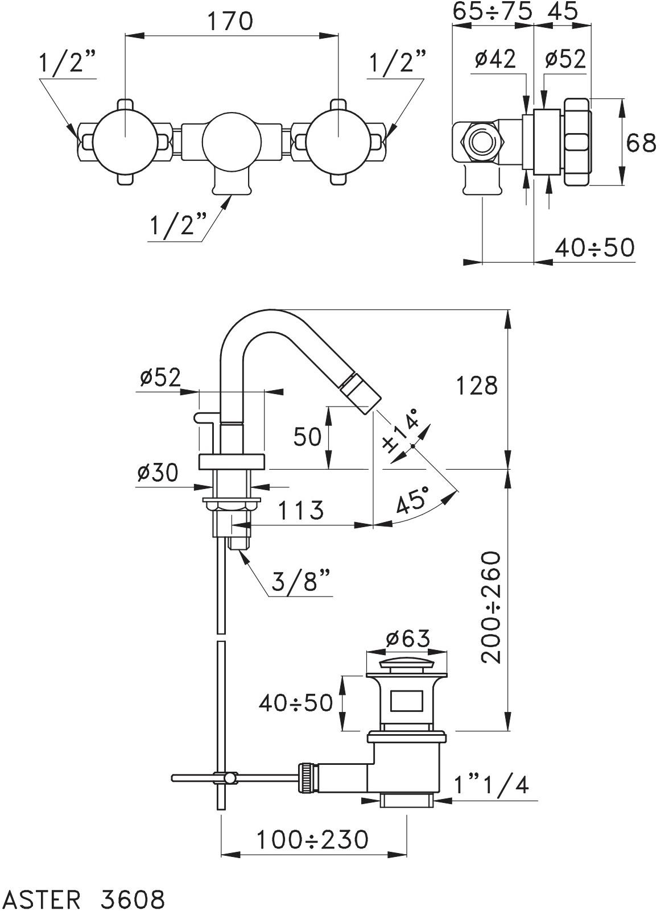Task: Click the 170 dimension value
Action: point(230,21)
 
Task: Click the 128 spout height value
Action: point(477,386)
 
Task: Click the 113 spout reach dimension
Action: point(301,510)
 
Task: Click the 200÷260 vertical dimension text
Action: point(490,607)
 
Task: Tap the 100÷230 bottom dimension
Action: point(312,839)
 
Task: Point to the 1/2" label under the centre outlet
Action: point(177,225)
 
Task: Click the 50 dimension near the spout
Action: point(307,437)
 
